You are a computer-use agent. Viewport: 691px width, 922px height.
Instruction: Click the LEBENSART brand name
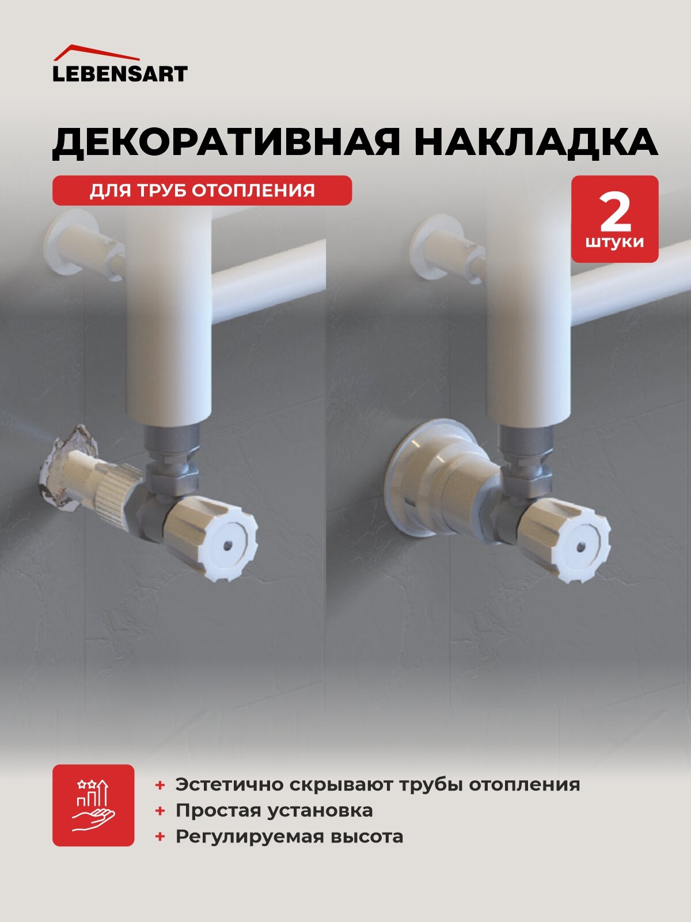click(120, 74)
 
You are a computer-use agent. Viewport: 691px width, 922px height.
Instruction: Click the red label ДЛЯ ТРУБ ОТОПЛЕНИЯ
click(202, 190)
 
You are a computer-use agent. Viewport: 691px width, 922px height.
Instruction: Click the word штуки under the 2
click(615, 242)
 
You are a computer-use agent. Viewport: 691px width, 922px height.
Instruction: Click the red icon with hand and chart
click(93, 805)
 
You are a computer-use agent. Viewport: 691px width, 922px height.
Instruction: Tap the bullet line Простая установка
click(274, 810)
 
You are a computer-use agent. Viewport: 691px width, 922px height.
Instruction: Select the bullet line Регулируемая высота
click(289, 836)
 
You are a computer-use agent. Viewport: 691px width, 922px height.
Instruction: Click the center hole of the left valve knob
click(229, 545)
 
